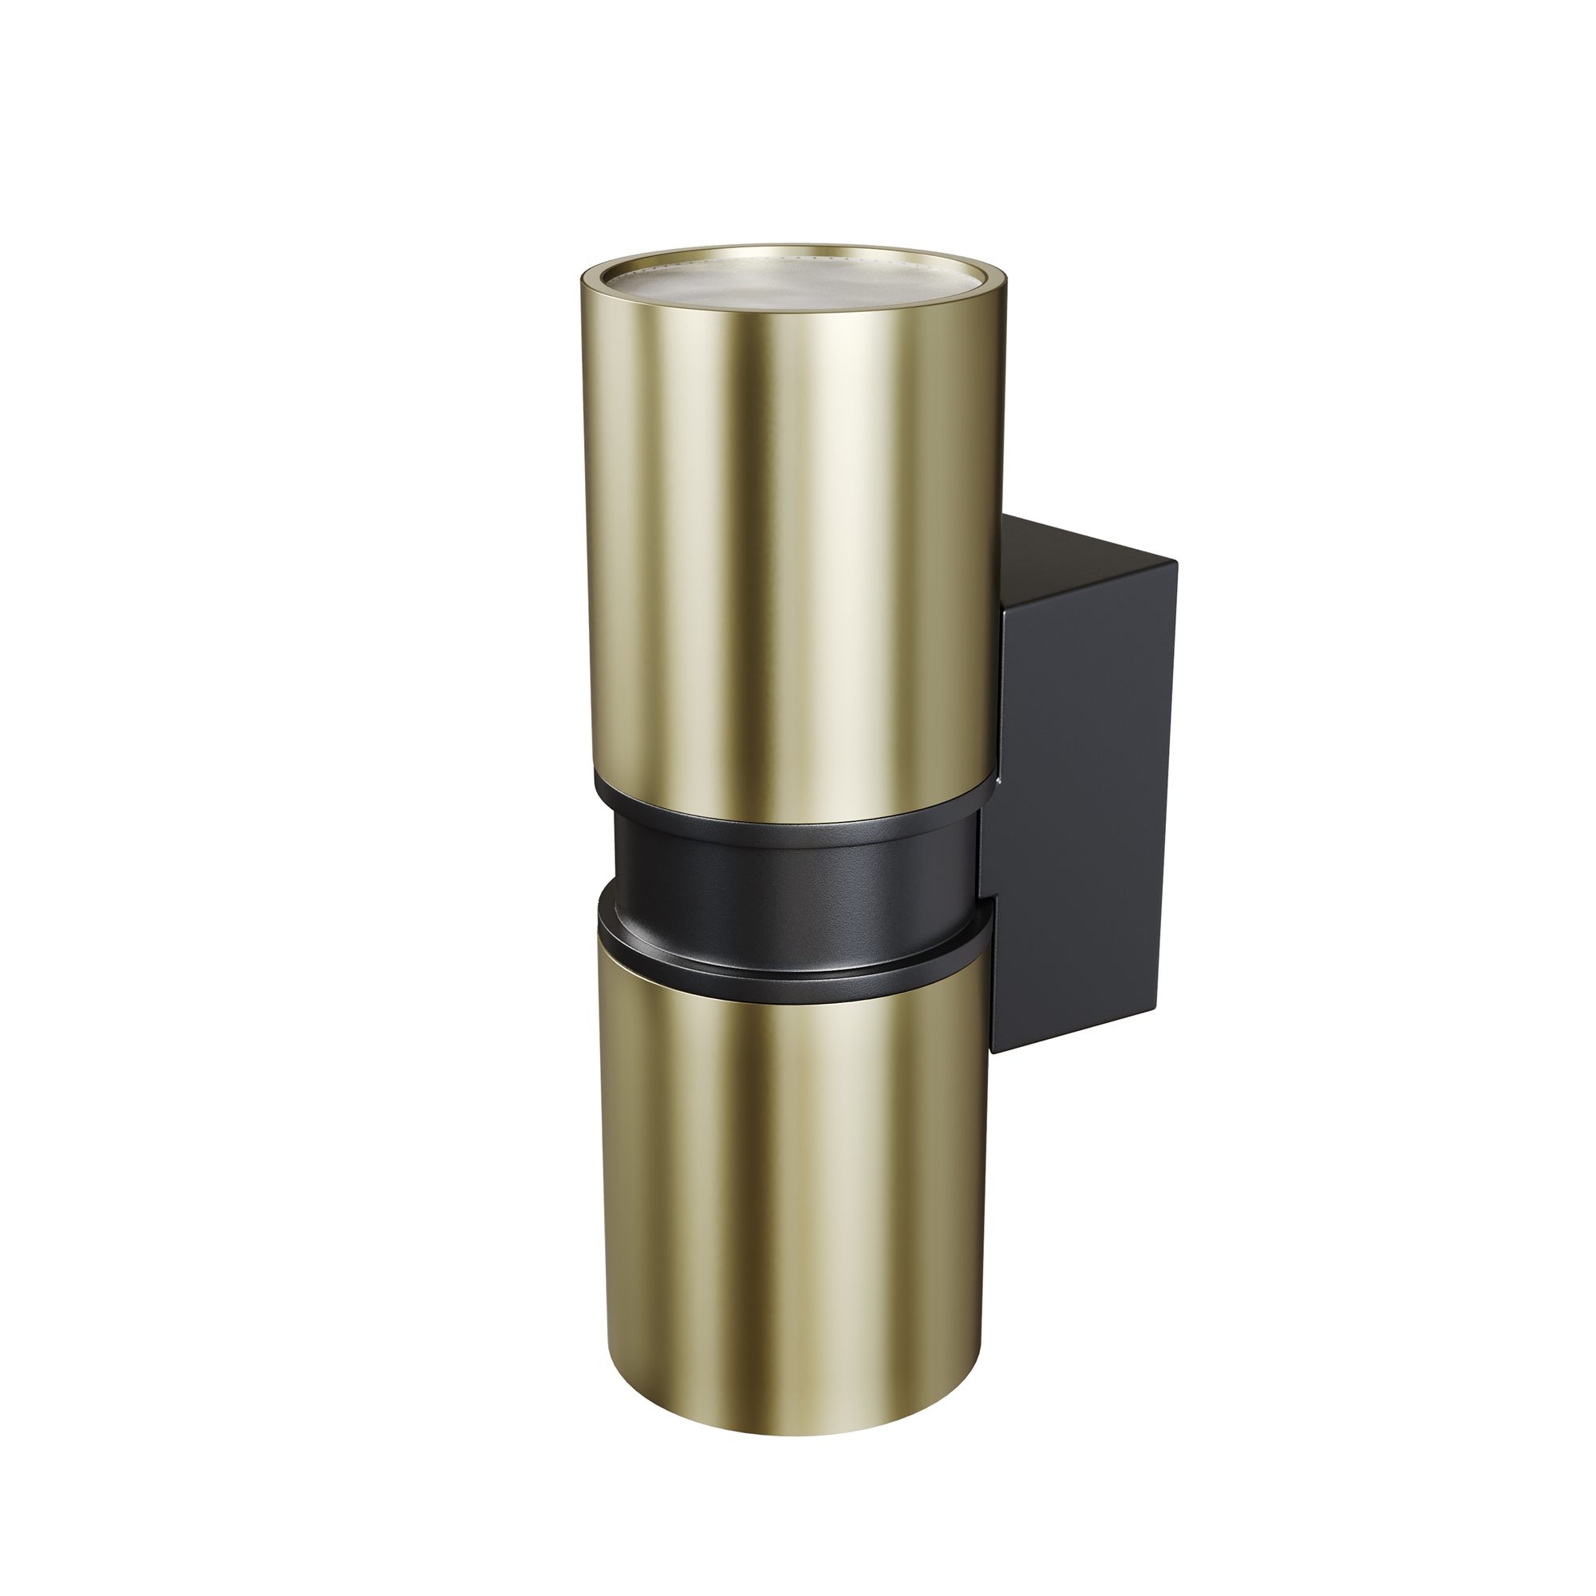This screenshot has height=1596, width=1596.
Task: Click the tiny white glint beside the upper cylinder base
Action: pyautogui.click(x=998, y=780)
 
